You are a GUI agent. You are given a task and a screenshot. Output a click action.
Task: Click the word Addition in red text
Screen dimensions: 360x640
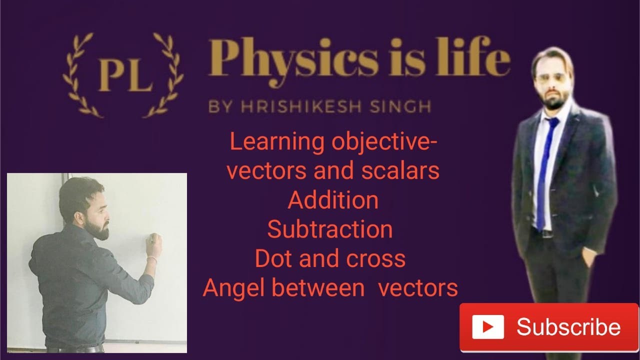tap(333, 200)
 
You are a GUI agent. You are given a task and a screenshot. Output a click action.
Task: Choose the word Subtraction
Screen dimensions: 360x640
tap(330, 229)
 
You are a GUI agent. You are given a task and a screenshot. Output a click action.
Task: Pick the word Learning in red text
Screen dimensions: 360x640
tap(276, 142)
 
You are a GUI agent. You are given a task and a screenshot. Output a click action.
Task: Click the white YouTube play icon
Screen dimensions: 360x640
tap(488, 327)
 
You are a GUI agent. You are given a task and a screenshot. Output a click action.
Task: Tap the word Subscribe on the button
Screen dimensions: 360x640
tap(568, 327)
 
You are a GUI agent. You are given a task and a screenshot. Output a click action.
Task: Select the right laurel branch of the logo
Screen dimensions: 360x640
tap(167, 75)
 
